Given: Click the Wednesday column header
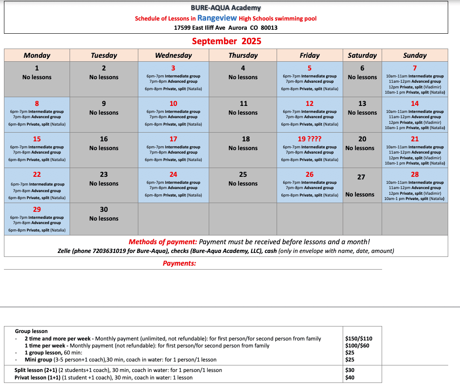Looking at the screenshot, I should click(x=173, y=55).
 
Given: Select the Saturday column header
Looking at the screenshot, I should click(x=362, y=55).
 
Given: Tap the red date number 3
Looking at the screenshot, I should click(x=173, y=68).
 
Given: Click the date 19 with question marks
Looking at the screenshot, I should click(x=309, y=139).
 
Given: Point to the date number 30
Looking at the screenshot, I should click(x=104, y=210).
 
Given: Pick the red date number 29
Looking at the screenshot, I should click(x=37, y=210).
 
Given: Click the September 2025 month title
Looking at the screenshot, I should click(x=226, y=41).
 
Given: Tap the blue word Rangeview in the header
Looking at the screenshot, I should click(x=217, y=18).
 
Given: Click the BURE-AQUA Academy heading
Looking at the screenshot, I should click(x=226, y=8).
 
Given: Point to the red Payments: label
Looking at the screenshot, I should click(x=179, y=263).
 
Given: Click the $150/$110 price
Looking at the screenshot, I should click(x=358, y=338).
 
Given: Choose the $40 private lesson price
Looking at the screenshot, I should click(x=350, y=377).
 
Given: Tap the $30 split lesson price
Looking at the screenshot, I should click(x=350, y=370).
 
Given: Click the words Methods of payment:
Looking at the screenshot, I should click(x=163, y=242).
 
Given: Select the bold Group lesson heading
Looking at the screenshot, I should click(x=31, y=331).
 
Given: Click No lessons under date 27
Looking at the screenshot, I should click(x=360, y=194).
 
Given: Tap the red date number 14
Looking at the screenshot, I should click(x=414, y=104).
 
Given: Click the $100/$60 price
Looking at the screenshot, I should click(x=357, y=345).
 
